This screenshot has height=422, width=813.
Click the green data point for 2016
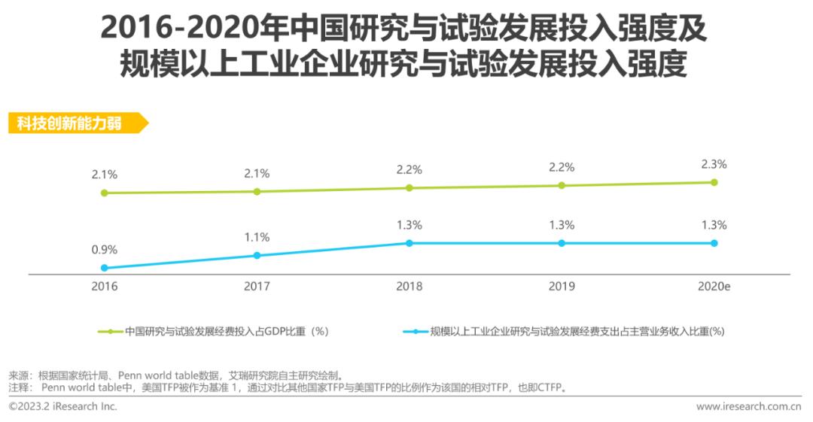105,193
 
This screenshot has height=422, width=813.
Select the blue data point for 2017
257,256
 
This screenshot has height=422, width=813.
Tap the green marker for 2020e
714,182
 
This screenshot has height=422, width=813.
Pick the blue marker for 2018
410,243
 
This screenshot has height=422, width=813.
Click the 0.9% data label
105,250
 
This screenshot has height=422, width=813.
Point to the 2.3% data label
714,164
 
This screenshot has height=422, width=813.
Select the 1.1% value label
257,237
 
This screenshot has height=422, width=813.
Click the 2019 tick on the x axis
562,287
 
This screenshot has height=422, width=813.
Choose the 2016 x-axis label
105,287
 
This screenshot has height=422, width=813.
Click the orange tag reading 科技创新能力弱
75,123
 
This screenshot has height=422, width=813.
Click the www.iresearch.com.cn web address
748,407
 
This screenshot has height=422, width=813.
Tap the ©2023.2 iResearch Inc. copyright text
63,407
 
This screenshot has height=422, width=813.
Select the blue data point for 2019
562,243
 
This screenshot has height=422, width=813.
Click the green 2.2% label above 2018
410,169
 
